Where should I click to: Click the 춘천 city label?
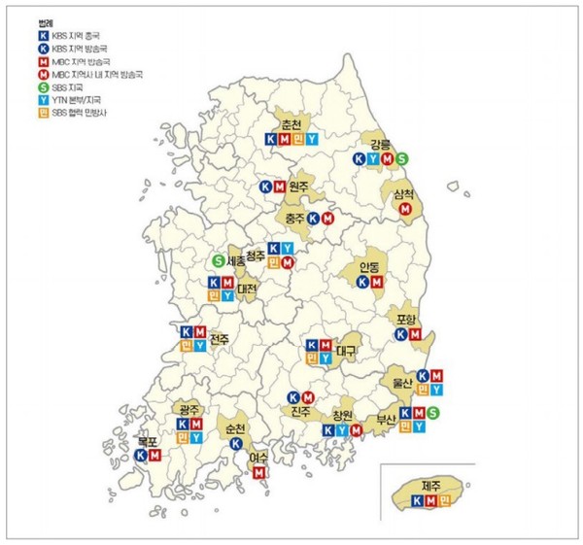[291, 125]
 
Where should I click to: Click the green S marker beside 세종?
[219, 260]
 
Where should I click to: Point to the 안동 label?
[369, 266]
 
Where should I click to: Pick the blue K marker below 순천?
[236, 443]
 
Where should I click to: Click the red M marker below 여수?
[258, 472]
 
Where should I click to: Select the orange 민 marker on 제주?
[445, 500]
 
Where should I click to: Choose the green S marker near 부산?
[433, 414]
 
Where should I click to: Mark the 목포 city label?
[147, 438]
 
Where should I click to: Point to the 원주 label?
[298, 187]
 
